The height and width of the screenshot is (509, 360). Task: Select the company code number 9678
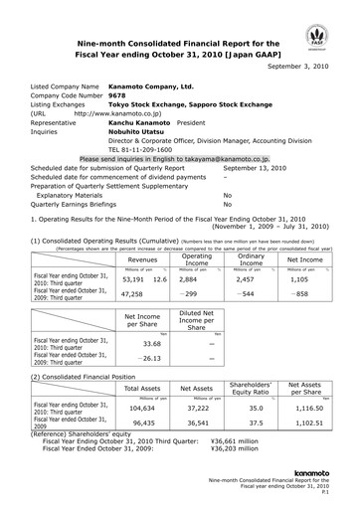point(116,96)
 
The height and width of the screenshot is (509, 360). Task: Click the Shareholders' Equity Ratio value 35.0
point(256,409)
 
